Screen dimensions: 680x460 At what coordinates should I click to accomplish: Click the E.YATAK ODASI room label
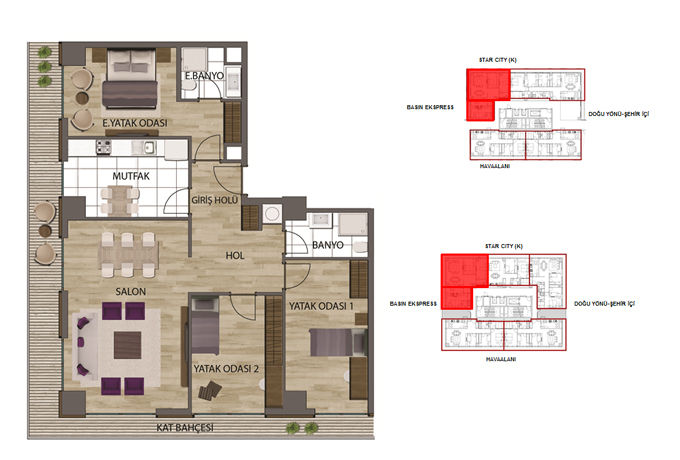[x=135, y=123]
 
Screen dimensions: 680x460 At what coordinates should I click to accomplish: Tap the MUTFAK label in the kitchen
[x=131, y=176]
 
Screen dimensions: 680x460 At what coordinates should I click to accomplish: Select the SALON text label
[x=131, y=292]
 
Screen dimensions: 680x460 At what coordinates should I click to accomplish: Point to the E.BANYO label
[x=204, y=76]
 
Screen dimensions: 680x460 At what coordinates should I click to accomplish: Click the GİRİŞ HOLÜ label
[x=215, y=200]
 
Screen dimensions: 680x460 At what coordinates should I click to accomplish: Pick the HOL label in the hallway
[x=235, y=256]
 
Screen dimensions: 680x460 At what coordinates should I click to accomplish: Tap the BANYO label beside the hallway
[x=328, y=245]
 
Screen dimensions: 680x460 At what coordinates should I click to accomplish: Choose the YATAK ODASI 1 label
[x=321, y=306]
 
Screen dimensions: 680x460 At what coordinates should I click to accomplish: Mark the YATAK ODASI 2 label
[x=226, y=369]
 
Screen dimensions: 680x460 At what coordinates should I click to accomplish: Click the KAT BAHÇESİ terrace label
[x=185, y=428]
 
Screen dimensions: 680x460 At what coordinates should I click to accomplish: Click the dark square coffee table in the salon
[x=128, y=345]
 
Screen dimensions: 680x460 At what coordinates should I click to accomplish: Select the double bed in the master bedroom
[x=130, y=79]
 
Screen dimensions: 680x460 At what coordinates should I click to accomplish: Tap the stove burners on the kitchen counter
[x=104, y=147]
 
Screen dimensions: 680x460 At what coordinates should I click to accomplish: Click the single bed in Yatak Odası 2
[x=205, y=326]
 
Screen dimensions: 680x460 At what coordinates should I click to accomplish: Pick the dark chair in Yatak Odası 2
[x=210, y=390]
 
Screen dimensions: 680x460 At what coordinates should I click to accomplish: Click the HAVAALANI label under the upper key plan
[x=495, y=166]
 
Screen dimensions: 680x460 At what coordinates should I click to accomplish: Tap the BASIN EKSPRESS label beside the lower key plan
[x=413, y=304]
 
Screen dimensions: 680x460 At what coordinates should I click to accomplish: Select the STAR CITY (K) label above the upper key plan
[x=498, y=60]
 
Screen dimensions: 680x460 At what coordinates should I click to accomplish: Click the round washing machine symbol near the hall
[x=272, y=214]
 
